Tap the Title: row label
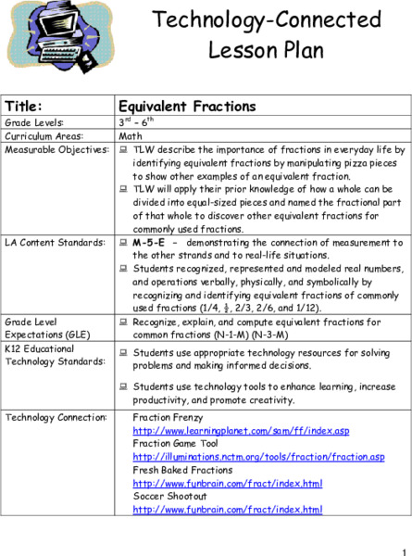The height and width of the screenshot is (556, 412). click(x=25, y=107)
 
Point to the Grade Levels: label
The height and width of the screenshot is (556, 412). click(x=34, y=122)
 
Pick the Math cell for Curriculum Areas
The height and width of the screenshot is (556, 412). click(x=131, y=135)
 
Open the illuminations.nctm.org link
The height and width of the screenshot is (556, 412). click(x=258, y=458)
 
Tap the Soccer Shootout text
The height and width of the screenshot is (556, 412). click(x=168, y=497)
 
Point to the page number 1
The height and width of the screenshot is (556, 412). click(x=404, y=548)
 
